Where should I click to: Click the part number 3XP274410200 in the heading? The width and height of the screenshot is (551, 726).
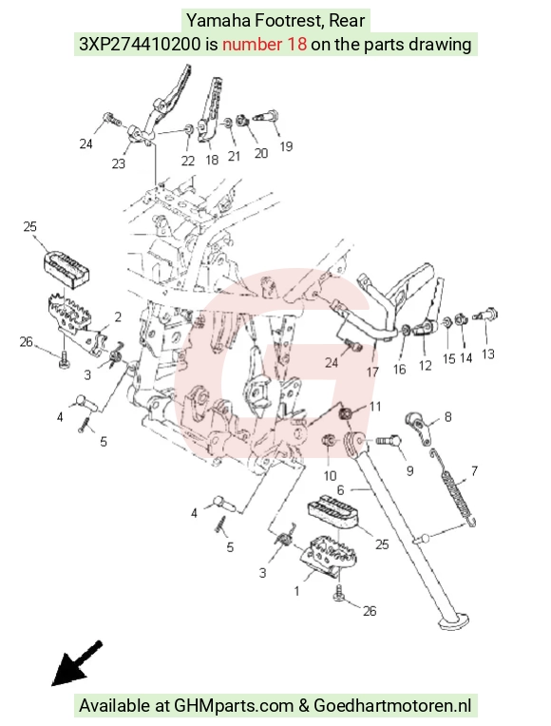(x=141, y=45)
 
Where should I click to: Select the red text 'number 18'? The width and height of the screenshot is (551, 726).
(x=264, y=45)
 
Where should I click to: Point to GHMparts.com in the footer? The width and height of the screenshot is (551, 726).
(x=234, y=706)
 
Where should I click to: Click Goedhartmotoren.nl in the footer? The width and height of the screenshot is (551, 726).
(x=392, y=706)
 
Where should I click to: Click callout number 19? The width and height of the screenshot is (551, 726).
(x=286, y=146)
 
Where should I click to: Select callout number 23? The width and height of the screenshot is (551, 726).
(x=119, y=163)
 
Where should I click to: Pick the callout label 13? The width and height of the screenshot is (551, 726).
(x=488, y=354)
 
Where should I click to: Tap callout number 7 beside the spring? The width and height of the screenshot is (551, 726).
(x=474, y=471)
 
